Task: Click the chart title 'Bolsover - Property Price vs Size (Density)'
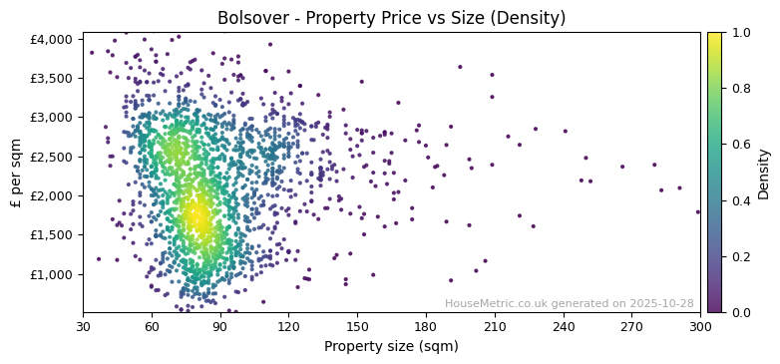click(x=391, y=18)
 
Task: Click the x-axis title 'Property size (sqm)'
click(x=391, y=346)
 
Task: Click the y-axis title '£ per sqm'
click(x=16, y=173)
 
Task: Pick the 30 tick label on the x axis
click(x=83, y=326)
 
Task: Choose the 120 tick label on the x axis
click(x=288, y=326)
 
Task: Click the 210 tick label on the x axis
click(x=495, y=326)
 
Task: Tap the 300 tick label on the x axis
click(x=700, y=326)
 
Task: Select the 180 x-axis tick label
click(x=426, y=326)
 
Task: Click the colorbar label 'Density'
click(x=764, y=173)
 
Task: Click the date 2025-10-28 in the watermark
click(x=660, y=304)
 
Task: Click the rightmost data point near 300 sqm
click(x=697, y=211)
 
